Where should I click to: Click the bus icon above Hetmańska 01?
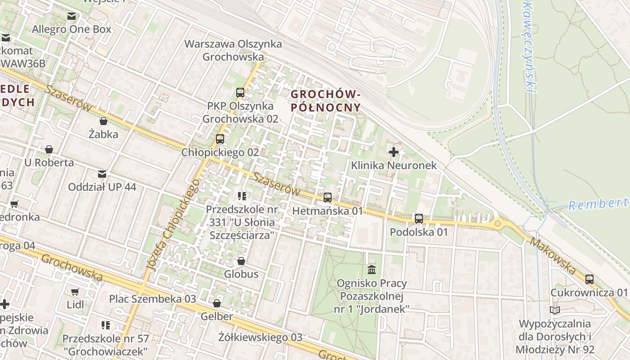pyautogui.click(x=328, y=197)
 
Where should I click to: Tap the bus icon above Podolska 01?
pyautogui.click(x=419, y=219)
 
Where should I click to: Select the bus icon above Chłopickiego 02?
pyautogui.click(x=220, y=139)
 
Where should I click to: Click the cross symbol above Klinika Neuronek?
pyautogui.click(x=394, y=152)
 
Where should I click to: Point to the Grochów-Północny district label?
pyautogui.click(x=325, y=101)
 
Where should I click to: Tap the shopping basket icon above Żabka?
pyautogui.click(x=103, y=121)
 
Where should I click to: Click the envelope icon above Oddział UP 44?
pyautogui.click(x=102, y=174)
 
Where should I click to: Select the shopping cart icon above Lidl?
pyautogui.click(x=75, y=292)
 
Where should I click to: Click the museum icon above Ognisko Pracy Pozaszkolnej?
pyautogui.click(x=372, y=270)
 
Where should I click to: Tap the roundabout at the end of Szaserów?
pyautogui.click(x=497, y=223)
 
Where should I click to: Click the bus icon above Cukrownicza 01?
pyautogui.click(x=589, y=279)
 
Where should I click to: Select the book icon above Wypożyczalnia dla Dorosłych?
pyautogui.click(x=555, y=310)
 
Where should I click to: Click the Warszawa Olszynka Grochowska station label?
pyautogui.click(x=233, y=50)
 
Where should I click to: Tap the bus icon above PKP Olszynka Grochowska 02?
pyautogui.click(x=240, y=93)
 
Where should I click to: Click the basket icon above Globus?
pyautogui.click(x=241, y=261)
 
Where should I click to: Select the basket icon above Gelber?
pyautogui.click(x=217, y=303)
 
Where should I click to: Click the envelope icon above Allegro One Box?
pyautogui.click(x=72, y=17)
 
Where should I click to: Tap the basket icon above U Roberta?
pyautogui.click(x=49, y=149)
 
